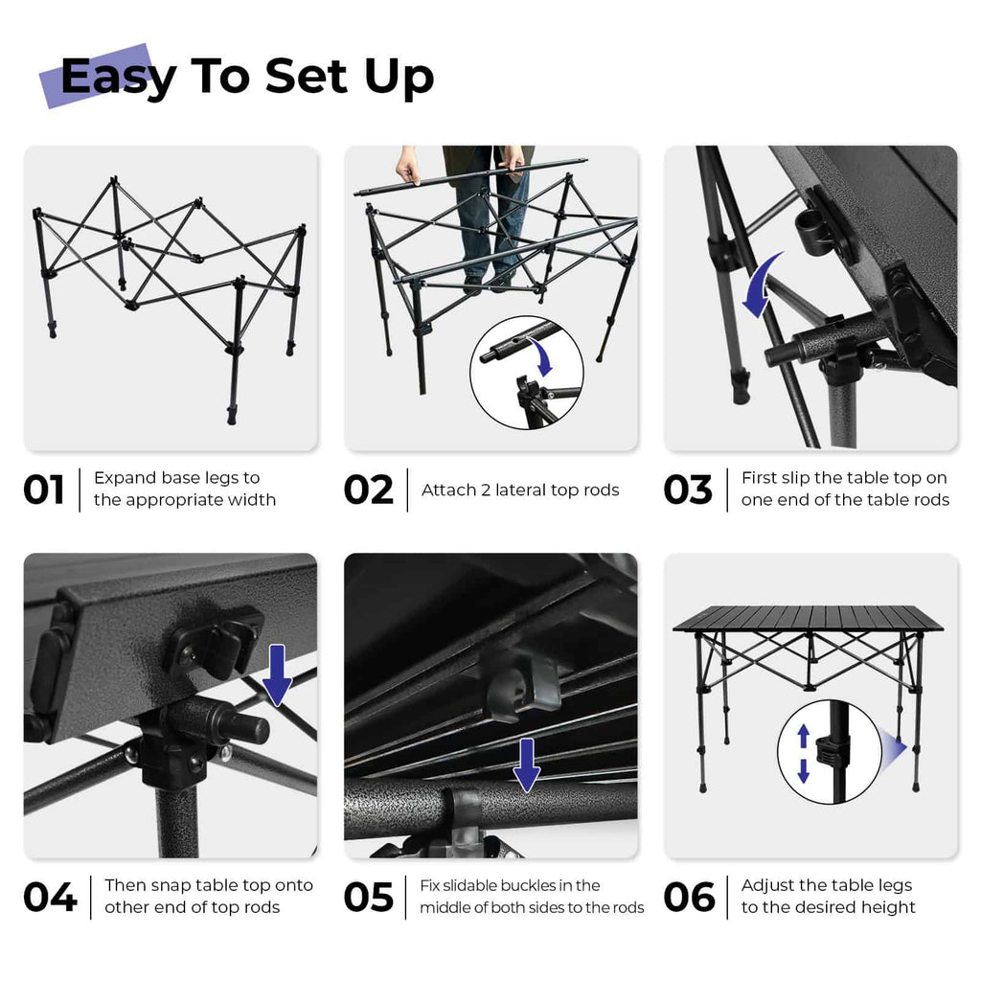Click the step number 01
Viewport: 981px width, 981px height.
point(44,490)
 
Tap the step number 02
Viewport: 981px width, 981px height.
point(369,490)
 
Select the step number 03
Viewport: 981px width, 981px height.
point(688,490)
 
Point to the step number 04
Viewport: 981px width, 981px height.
point(50,898)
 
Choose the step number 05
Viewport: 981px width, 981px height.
point(369,898)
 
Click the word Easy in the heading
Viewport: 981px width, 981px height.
point(118,77)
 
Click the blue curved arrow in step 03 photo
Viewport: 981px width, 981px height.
point(764,285)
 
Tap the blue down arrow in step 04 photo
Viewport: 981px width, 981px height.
point(277,674)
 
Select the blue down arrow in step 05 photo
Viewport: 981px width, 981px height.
point(525,764)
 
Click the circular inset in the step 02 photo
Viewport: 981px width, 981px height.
point(526,373)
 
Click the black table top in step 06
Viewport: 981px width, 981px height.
point(808,619)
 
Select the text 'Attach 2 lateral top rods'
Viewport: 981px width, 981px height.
point(520,490)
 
